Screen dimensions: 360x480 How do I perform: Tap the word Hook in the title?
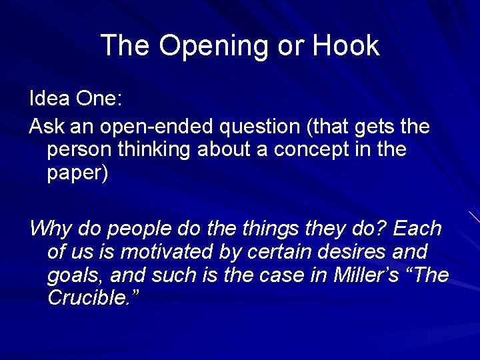[x=346, y=46]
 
